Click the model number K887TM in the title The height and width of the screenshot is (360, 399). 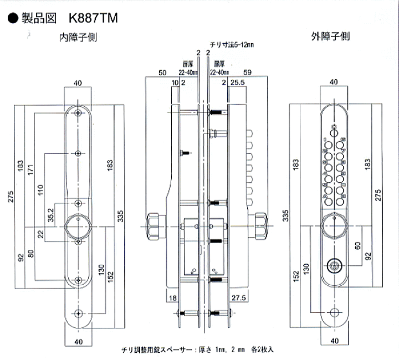[x=93, y=18]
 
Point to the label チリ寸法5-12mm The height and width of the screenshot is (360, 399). [x=228, y=45]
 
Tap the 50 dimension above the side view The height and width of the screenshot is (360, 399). [x=163, y=73]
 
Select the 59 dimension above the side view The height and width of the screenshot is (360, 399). [x=248, y=73]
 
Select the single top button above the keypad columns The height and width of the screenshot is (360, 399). [x=334, y=128]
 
